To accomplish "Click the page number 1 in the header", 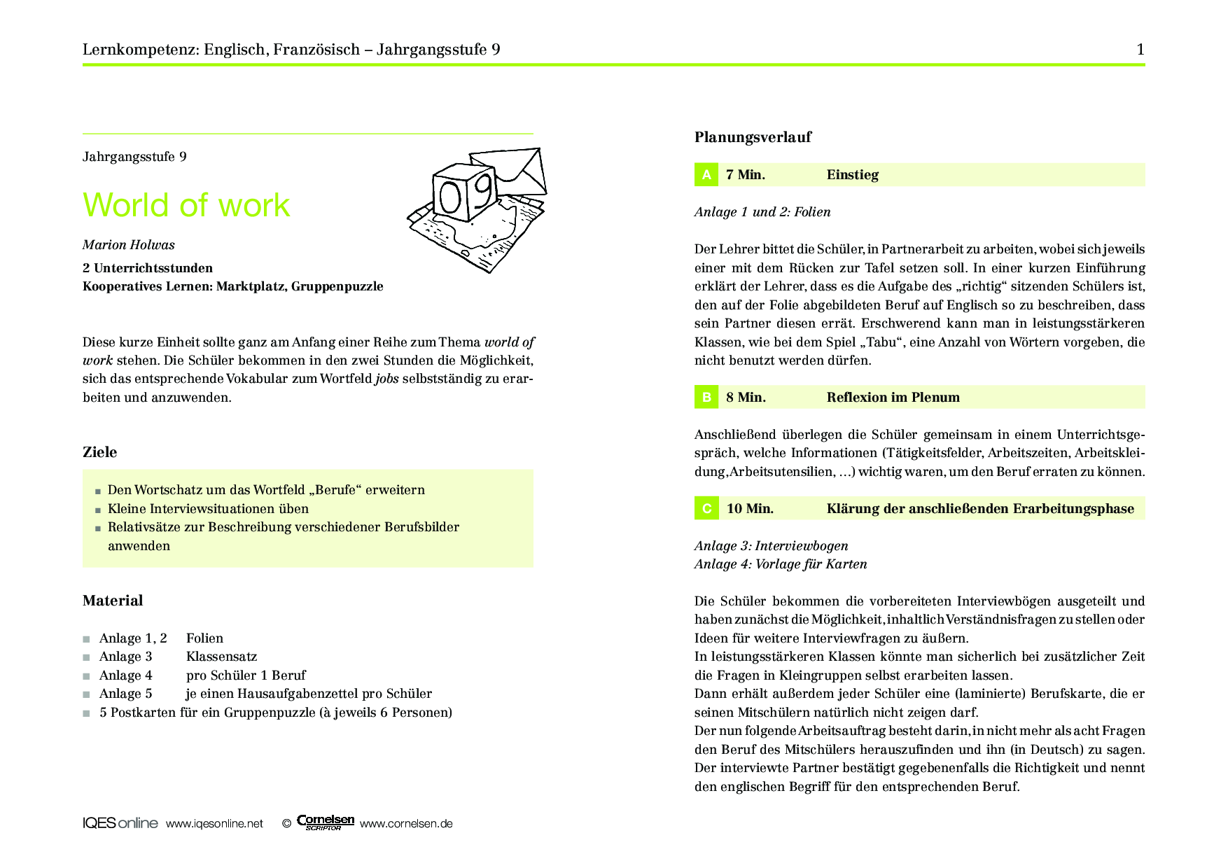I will pyautogui.click(x=1140, y=49).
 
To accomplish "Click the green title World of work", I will pyautogui.click(x=186, y=205).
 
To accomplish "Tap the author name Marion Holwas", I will pyautogui.click(x=129, y=245).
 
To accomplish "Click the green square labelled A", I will pyautogui.click(x=706, y=175).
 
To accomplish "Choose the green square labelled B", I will pyautogui.click(x=706, y=398).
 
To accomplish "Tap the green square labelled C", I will pyautogui.click(x=706, y=509).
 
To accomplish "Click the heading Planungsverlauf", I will pyautogui.click(x=753, y=137).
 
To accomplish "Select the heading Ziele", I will pyautogui.click(x=100, y=452).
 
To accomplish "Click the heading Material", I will pyautogui.click(x=113, y=601).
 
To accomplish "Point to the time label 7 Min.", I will pyautogui.click(x=746, y=175).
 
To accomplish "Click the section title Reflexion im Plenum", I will pyautogui.click(x=893, y=398).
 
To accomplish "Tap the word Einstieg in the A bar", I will pyautogui.click(x=852, y=175).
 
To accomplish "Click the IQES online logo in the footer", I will pyautogui.click(x=120, y=823).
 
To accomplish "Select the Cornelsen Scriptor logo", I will pyautogui.click(x=326, y=822).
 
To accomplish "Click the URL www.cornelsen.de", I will pyautogui.click(x=406, y=824).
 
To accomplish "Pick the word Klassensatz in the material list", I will pyautogui.click(x=221, y=657).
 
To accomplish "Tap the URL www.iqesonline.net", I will pyautogui.click(x=214, y=824).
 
